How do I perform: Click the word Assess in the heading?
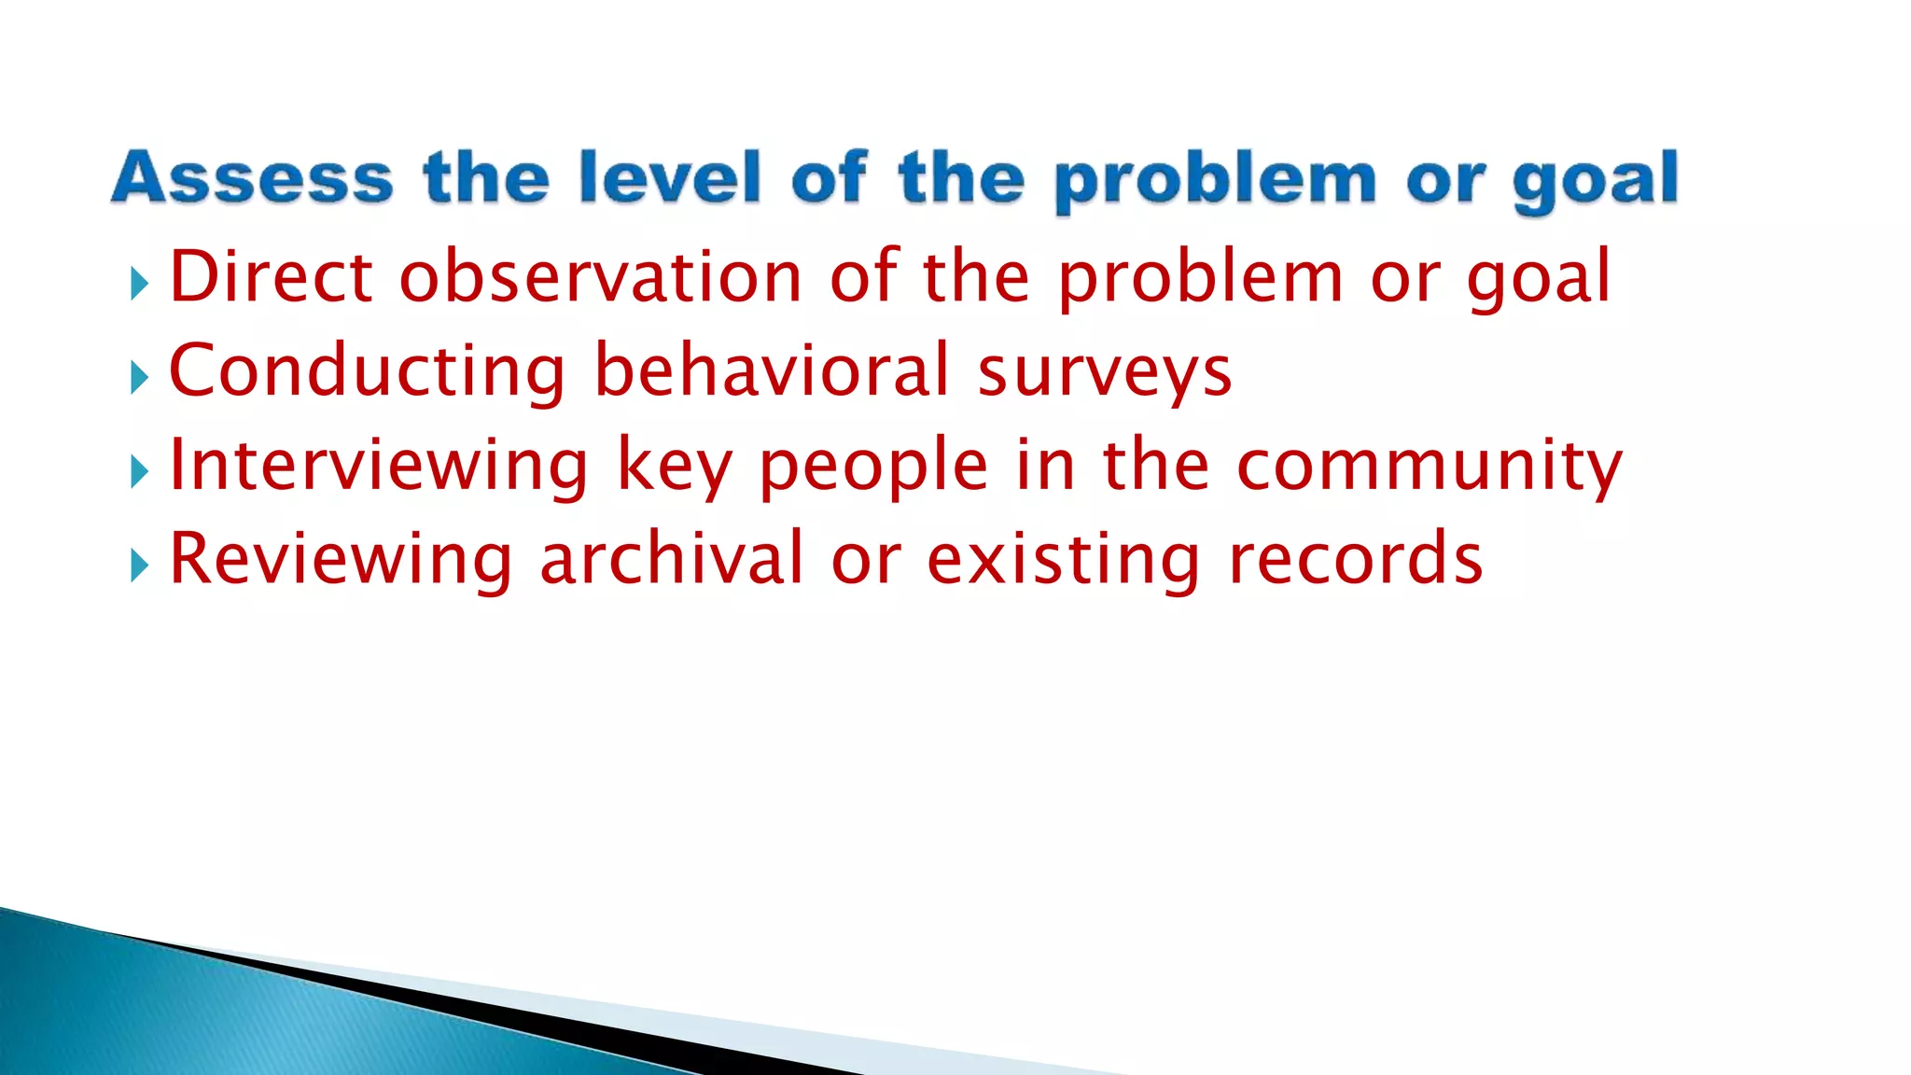252,177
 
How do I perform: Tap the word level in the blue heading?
669,177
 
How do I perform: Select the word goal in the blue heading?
1595,179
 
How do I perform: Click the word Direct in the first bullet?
272,277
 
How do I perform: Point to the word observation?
601,277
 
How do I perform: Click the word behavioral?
772,370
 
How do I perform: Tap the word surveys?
1105,373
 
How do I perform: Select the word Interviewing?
379,466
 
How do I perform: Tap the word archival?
671,559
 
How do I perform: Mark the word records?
1355,559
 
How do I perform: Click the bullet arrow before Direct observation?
140,284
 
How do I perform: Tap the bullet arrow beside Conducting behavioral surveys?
140,378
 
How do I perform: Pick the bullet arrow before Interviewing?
140,472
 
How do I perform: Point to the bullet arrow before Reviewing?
140,565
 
